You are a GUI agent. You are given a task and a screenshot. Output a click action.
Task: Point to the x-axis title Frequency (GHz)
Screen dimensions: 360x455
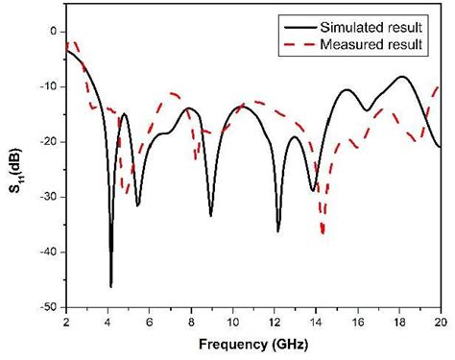[254, 343]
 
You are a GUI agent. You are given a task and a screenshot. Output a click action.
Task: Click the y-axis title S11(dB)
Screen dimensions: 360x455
[12, 169]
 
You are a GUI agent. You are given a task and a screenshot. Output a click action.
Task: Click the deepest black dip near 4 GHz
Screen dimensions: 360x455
[111, 285]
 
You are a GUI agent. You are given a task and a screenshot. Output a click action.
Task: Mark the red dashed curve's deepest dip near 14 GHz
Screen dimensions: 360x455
[323, 231]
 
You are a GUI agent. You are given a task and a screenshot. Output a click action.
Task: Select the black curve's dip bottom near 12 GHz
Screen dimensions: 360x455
[278, 230]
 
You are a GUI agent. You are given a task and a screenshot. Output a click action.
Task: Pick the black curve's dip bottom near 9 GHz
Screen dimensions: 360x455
[211, 214]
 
